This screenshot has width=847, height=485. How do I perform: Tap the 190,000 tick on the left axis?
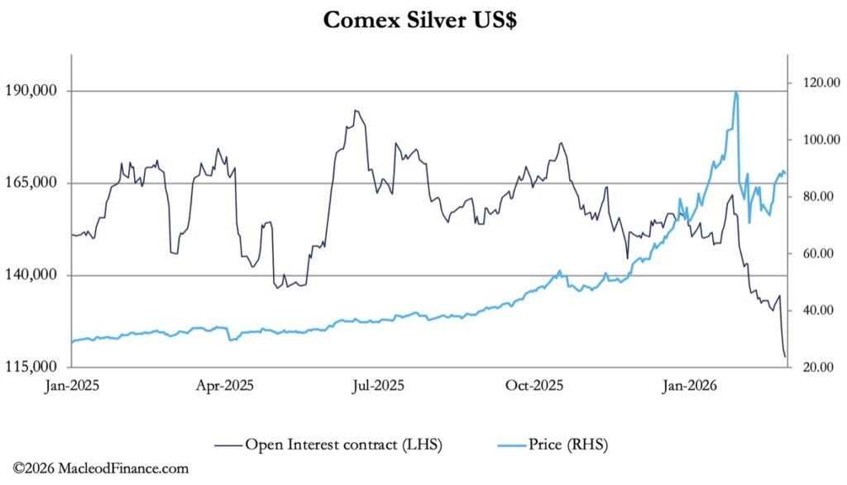coord(36,91)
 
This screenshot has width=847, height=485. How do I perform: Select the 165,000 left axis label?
coord(36,183)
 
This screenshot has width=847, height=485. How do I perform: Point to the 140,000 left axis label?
coord(36,275)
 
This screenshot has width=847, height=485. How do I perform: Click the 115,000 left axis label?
coord(36,367)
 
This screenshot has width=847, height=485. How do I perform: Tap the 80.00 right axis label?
coord(817,197)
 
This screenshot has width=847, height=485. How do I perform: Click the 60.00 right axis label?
coord(817,254)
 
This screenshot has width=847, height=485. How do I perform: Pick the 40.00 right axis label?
coord(817,311)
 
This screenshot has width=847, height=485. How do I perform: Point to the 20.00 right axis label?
coord(817,368)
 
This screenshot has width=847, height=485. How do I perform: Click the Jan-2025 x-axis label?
coord(72,385)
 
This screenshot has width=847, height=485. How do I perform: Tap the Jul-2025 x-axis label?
coord(380,385)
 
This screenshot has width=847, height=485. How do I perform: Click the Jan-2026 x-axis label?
coord(690,385)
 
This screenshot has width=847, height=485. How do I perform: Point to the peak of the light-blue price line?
coord(736,93)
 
